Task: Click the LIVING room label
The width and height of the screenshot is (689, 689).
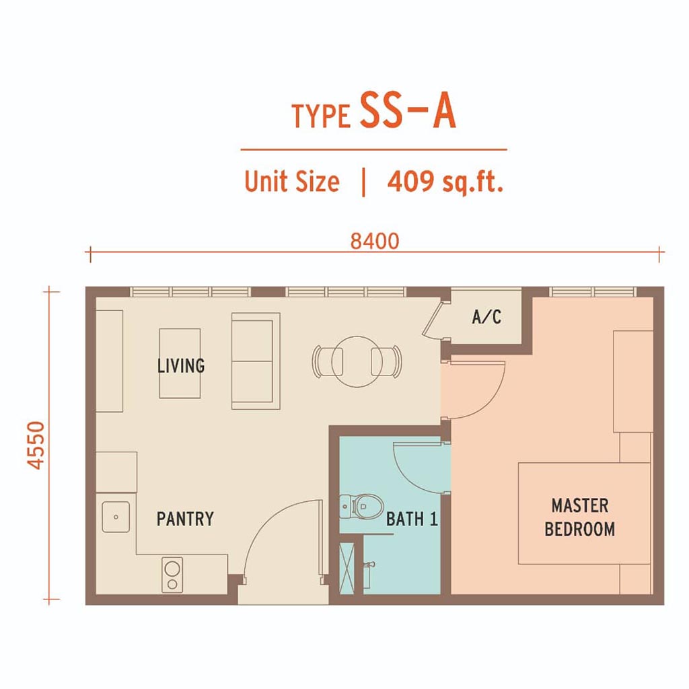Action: coord(181,365)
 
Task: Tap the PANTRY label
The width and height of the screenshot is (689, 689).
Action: coord(185,519)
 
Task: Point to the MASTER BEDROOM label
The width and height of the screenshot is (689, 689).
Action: coord(579,517)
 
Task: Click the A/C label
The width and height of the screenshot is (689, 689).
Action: coord(486,317)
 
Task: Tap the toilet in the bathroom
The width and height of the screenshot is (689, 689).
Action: coord(361,507)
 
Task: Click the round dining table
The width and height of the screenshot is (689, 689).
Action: coord(357,361)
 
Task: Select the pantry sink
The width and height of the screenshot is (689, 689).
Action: coord(116,517)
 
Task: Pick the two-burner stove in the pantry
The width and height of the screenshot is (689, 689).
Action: coord(172,575)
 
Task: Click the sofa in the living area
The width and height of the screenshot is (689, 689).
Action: coord(256,361)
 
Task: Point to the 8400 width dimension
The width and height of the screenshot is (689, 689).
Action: coord(375,242)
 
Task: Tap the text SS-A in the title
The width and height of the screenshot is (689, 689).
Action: coord(408,111)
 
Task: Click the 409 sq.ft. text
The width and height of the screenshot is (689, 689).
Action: coord(445,181)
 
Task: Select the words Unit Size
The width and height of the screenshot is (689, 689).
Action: coord(292,181)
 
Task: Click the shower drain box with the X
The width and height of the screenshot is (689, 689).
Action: coord(347,569)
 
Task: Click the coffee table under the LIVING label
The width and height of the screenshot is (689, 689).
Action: coord(180,363)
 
